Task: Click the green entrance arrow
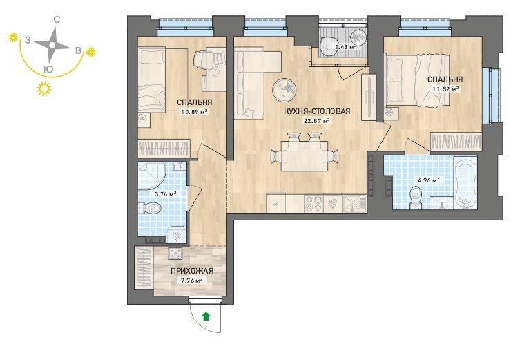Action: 206,316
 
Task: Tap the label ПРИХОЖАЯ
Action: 192,271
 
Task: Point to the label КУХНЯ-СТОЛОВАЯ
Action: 317,111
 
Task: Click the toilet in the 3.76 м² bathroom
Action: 149,207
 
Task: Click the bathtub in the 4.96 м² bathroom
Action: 465,183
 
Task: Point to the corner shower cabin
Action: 153,176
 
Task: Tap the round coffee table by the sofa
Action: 285,88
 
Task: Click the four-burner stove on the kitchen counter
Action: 314,204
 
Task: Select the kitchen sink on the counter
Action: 354,204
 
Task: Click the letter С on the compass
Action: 57,20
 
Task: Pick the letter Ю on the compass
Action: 48,69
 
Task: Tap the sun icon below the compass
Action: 44,88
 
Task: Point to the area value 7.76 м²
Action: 192,280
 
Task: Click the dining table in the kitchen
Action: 305,156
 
